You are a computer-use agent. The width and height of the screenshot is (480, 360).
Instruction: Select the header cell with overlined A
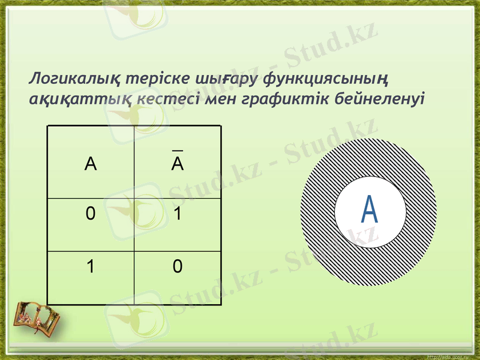178,163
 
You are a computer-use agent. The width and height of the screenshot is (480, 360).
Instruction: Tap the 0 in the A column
90,214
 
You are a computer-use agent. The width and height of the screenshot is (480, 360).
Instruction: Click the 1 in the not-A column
178,214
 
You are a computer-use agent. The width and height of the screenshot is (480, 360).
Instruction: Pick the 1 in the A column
90,266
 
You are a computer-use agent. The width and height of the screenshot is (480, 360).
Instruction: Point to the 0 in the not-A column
178,266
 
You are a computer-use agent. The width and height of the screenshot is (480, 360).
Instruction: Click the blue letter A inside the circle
370,209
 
